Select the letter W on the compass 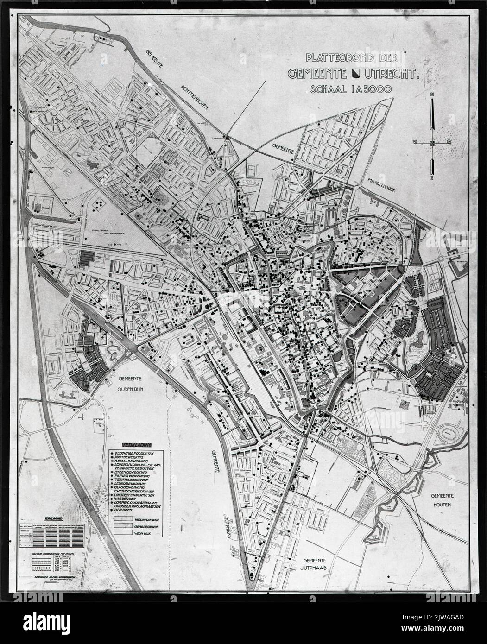click(x=416, y=142)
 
